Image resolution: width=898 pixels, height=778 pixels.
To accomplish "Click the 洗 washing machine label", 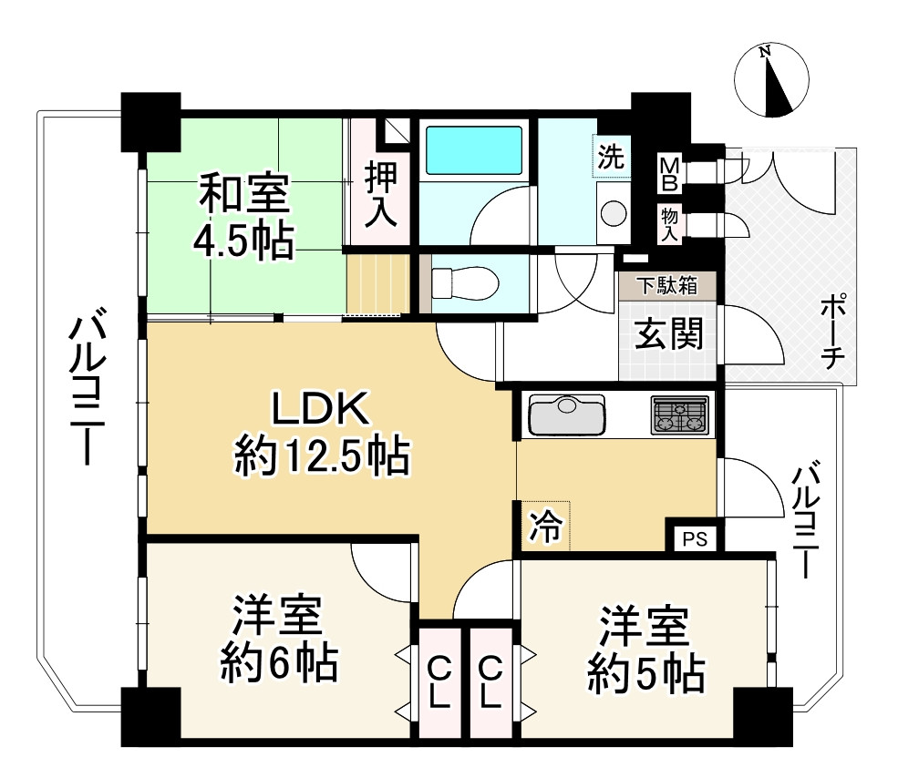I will (x=611, y=157).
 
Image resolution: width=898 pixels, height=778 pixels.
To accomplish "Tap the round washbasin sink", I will (x=613, y=212).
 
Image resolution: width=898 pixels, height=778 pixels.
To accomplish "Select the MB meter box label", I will (x=669, y=173).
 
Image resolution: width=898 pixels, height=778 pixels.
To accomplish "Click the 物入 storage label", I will (x=669, y=224).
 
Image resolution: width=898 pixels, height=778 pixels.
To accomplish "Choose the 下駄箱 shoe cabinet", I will (x=666, y=285).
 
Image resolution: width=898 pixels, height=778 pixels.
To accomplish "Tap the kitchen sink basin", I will (x=566, y=415).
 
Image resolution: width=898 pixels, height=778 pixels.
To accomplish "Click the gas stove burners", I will (x=680, y=415).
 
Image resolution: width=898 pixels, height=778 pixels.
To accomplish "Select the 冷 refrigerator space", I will (x=544, y=526).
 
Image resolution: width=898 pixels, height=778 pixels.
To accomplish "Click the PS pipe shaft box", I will (x=696, y=537).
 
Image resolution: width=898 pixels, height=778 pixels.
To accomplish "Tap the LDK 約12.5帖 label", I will (x=321, y=433).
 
